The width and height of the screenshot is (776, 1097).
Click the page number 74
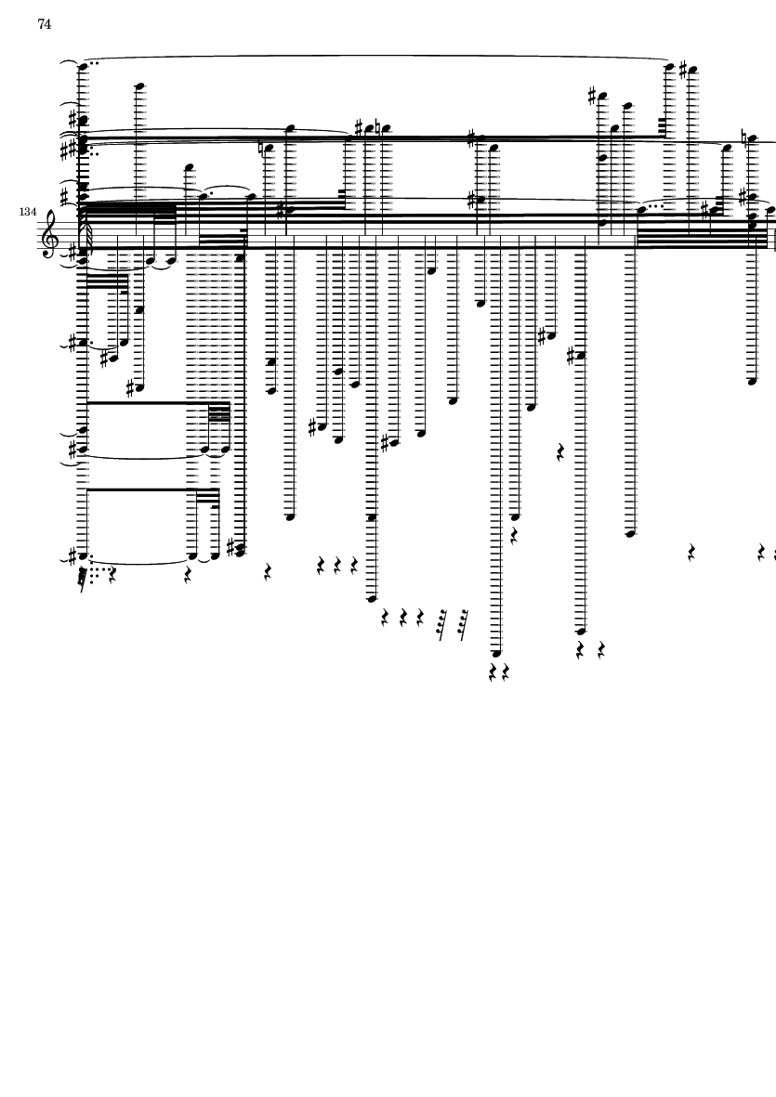coord(45,25)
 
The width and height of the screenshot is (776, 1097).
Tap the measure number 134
coord(27,213)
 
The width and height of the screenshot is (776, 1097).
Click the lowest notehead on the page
coord(495,653)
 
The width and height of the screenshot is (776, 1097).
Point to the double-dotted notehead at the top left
coord(83,66)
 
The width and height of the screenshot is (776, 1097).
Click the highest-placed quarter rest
coord(560,452)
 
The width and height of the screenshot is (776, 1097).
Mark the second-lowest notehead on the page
coord(582,631)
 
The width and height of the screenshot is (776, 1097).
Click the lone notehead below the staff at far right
coord(752,381)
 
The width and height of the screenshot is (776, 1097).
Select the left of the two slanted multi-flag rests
coord(442,620)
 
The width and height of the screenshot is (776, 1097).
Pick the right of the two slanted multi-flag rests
coord(463,620)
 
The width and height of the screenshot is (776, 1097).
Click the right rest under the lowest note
coord(506,672)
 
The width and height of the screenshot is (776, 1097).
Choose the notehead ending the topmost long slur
coord(668,66)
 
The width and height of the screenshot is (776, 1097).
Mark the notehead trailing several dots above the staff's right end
coord(641,210)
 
